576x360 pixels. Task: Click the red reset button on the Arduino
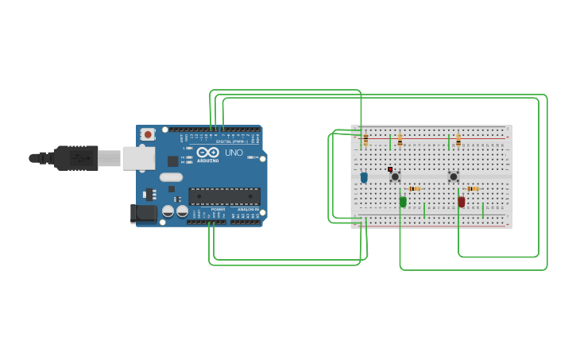pos(148,135)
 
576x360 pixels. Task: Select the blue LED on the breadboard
pos(364,177)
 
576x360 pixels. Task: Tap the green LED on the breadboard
pos(403,202)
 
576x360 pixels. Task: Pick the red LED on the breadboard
pos(462,202)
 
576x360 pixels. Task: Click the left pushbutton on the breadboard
pos(395,176)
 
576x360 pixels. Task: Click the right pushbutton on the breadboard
pos(454,176)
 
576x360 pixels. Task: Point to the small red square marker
pos(390,168)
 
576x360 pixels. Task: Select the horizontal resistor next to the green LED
pos(414,188)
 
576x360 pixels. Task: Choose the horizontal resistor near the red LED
pos(473,188)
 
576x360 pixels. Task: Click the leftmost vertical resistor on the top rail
pos(365,141)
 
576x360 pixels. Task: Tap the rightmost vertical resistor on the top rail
pos(458,141)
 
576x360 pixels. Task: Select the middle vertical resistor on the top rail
pos(400,141)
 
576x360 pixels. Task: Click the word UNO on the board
pos(234,153)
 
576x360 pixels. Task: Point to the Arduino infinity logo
pos(208,152)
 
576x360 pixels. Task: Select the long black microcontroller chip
pos(224,196)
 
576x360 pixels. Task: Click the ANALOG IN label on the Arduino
pos(246,209)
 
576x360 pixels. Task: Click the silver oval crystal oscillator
pos(171,177)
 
